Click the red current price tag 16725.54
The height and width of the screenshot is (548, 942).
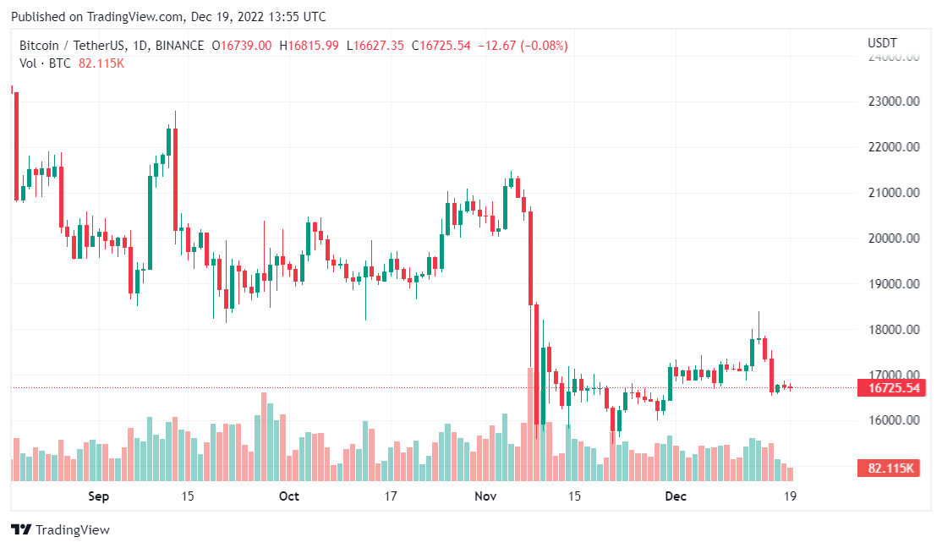(888, 388)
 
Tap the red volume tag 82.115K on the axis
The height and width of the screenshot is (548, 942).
(888, 468)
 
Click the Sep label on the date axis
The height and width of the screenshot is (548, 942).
(99, 496)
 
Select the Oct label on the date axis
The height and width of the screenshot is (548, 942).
(289, 496)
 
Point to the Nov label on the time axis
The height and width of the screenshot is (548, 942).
(485, 496)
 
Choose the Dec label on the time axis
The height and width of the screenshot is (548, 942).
(676, 496)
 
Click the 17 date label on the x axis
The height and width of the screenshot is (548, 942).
(391, 496)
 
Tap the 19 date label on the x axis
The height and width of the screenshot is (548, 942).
(791, 496)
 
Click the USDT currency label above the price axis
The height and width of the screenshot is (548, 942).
(882, 43)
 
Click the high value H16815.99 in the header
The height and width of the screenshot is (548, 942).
(314, 46)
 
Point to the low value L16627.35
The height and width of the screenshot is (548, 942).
(376, 46)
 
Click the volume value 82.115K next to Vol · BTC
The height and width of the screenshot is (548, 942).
(101, 63)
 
